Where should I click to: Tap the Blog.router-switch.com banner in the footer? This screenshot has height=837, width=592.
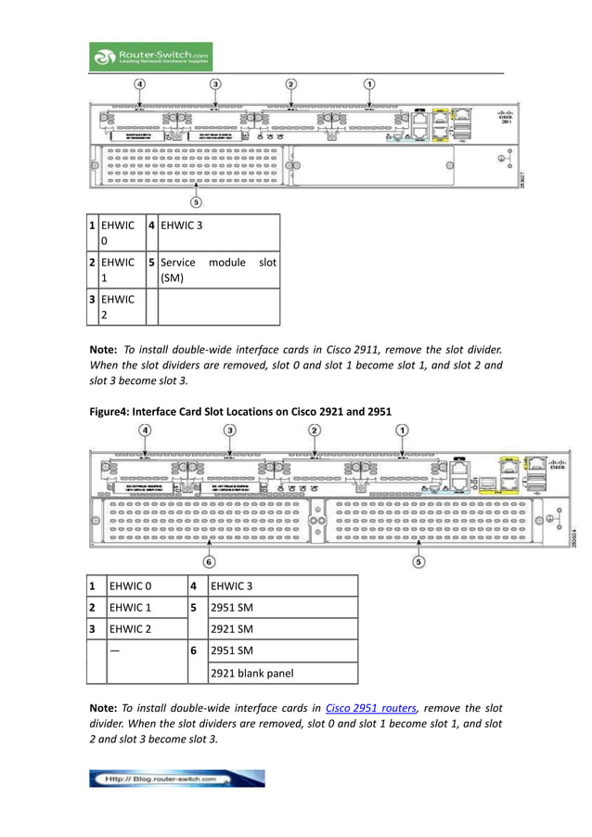(x=176, y=779)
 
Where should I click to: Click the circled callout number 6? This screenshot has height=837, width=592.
(x=210, y=561)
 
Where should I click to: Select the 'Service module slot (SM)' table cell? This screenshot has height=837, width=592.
(x=218, y=270)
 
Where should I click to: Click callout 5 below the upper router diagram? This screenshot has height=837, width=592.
(x=196, y=200)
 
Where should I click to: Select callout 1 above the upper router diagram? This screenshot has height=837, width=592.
(x=369, y=84)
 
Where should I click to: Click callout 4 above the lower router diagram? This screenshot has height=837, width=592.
(x=147, y=430)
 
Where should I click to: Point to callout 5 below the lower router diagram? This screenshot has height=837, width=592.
(x=419, y=561)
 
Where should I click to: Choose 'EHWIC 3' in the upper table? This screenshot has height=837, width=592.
(x=181, y=225)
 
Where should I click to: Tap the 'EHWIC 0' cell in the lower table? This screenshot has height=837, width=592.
(x=131, y=586)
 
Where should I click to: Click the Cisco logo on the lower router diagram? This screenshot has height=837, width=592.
(x=556, y=466)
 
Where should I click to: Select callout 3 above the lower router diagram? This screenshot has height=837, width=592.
(x=230, y=430)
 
